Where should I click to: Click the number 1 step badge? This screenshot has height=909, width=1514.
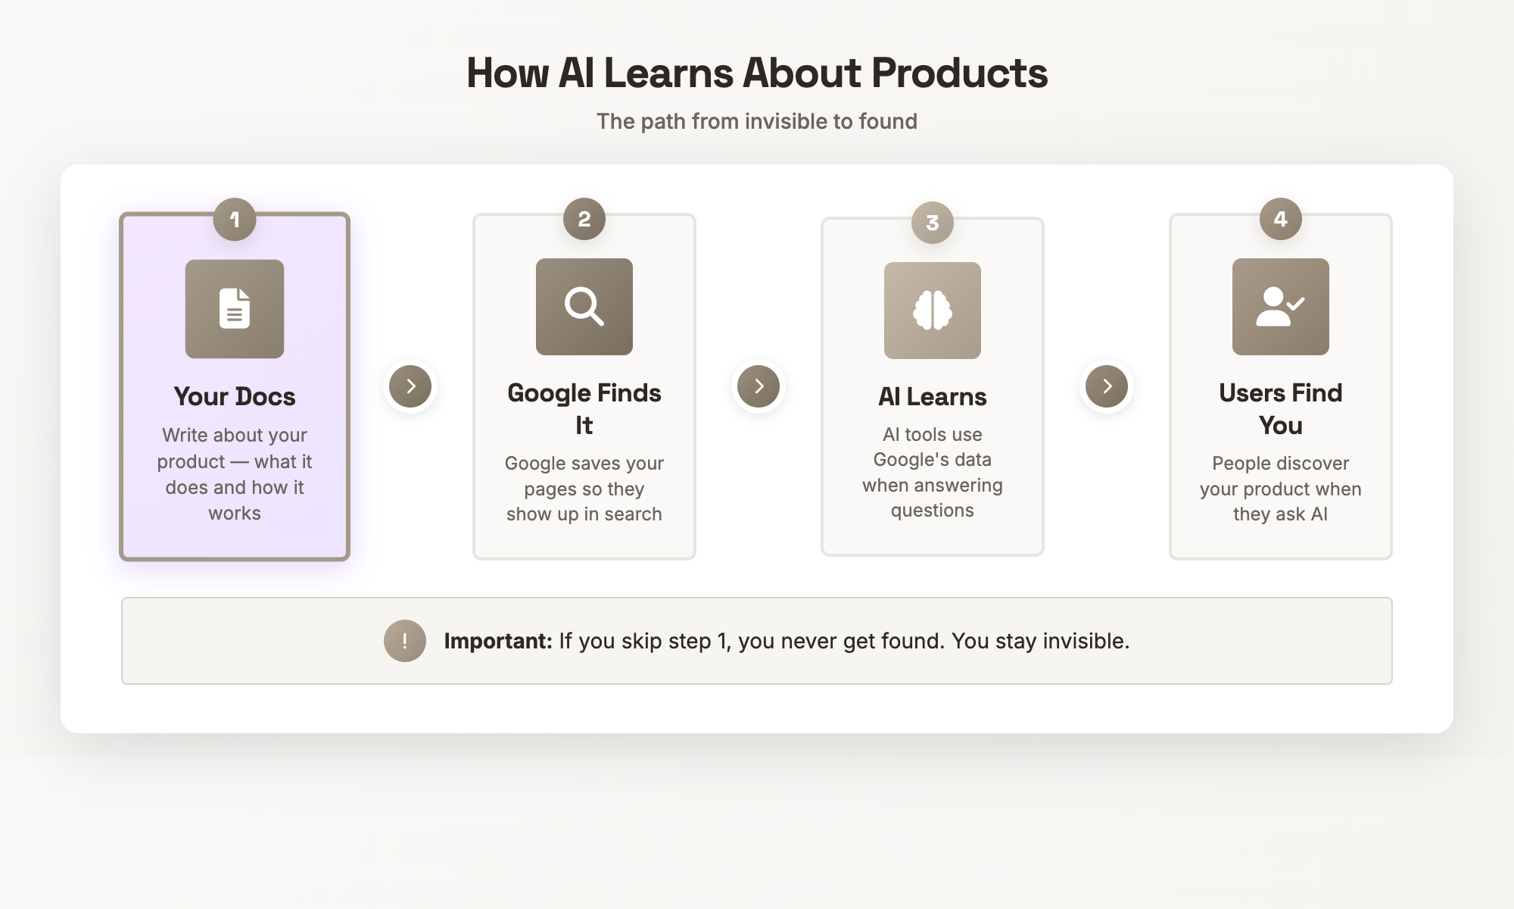click(x=235, y=220)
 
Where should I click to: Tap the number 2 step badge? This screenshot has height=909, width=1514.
click(x=584, y=219)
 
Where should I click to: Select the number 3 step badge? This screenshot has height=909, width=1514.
click(x=933, y=223)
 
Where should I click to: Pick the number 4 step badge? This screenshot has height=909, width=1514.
click(x=1281, y=219)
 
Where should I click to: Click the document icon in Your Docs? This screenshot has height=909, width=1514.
click(x=235, y=308)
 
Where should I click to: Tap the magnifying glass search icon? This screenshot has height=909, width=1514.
click(x=584, y=307)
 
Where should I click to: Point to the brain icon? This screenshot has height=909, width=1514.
click(x=933, y=311)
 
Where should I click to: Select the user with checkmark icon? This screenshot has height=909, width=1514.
click(x=1281, y=307)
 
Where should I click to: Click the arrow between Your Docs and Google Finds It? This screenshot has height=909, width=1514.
click(x=410, y=386)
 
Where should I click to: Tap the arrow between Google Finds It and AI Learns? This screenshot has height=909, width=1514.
click(x=759, y=386)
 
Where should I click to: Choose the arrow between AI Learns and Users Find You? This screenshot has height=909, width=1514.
click(x=1107, y=386)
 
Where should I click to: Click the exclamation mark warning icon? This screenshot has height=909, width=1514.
click(x=405, y=641)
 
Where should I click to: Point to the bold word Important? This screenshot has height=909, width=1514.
click(x=497, y=641)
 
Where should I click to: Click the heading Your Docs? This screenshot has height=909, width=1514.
click(x=235, y=396)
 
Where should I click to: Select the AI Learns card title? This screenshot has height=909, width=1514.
click(x=933, y=396)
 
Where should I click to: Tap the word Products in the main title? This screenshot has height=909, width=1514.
click(x=959, y=73)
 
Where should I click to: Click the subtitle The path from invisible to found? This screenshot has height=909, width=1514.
click(x=757, y=121)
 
